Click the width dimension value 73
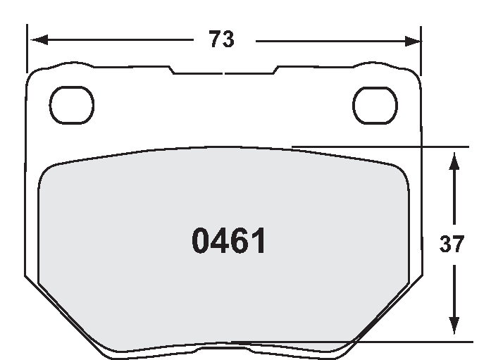click(221, 40)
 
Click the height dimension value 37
click(452, 244)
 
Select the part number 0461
click(229, 242)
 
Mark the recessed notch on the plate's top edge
click(223, 71)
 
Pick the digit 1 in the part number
click(259, 242)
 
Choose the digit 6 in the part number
click(240, 242)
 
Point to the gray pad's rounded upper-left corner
click(48, 172)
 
